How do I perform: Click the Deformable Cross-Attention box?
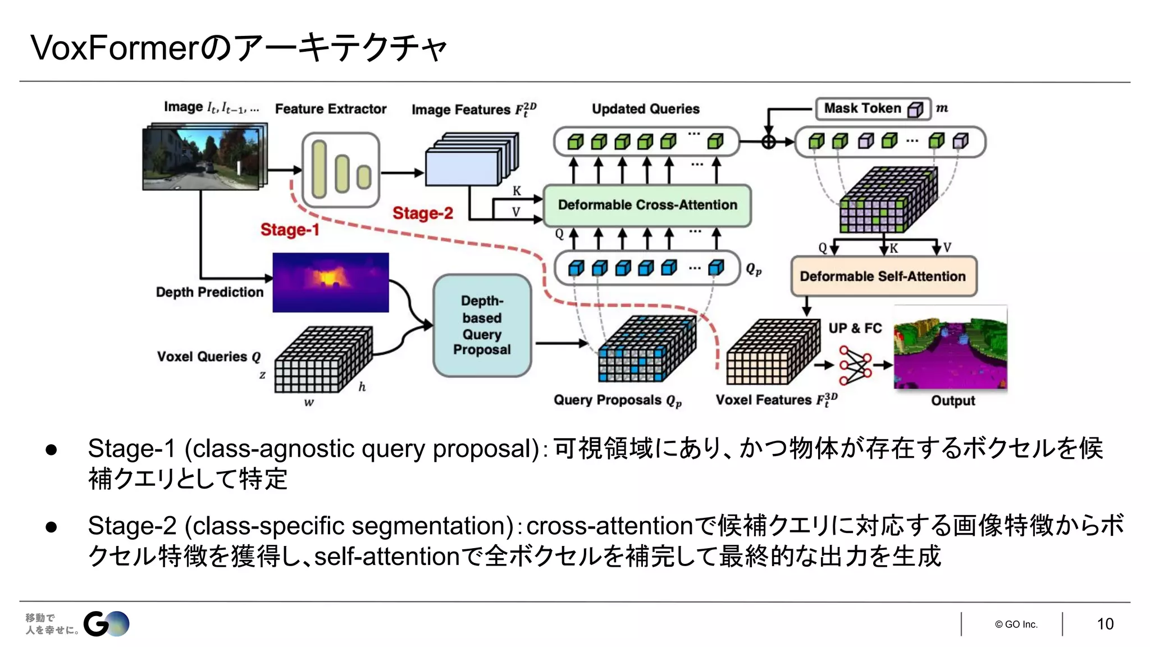pos(647,205)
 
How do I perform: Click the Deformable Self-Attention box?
pos(883,276)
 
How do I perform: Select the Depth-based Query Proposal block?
pos(482,325)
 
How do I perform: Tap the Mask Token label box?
pos(872,108)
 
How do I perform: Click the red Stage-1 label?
pos(289,230)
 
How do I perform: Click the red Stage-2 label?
pos(422,213)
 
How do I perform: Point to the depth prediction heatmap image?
pos(330,283)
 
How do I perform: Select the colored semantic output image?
pos(950,348)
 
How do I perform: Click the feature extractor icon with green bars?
pos(340,170)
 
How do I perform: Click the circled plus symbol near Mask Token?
pos(768,142)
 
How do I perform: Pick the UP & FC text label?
pos(855,328)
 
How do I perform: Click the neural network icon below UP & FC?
pos(855,365)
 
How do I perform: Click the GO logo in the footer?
pos(106,623)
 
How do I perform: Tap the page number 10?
pos(1105,624)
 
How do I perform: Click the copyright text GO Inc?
pos(1016,624)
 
